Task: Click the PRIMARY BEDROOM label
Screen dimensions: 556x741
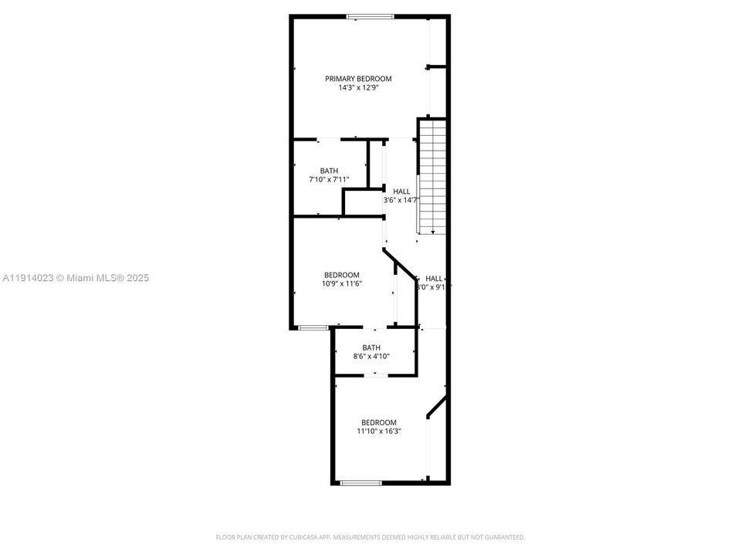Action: [x=358, y=79]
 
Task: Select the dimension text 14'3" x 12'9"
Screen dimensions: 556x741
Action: [x=358, y=88]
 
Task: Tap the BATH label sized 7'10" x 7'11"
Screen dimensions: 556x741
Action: [x=330, y=171]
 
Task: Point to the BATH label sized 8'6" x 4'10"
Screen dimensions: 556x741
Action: [x=371, y=347]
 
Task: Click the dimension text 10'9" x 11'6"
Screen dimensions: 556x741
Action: [x=341, y=284]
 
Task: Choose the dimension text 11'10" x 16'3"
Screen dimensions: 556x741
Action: [x=378, y=432]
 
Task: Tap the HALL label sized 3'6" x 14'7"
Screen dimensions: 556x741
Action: [x=401, y=192]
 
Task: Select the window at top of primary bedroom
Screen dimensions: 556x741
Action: [x=370, y=16]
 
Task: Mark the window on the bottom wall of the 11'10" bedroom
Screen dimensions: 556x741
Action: [x=361, y=483]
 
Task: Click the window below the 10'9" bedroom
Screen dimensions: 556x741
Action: [x=313, y=328]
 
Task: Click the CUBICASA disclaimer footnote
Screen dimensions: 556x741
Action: [x=370, y=537]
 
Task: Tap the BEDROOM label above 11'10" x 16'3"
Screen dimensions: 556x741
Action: [x=379, y=422]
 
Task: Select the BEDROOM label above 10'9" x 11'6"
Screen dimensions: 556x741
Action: [x=341, y=275]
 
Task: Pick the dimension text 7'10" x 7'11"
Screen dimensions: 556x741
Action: [x=330, y=180]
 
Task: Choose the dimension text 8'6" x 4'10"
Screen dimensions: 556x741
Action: [x=371, y=357]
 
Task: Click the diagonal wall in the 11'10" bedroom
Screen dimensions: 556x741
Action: [x=438, y=406]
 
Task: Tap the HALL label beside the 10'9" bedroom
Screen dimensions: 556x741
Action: [x=434, y=279]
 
